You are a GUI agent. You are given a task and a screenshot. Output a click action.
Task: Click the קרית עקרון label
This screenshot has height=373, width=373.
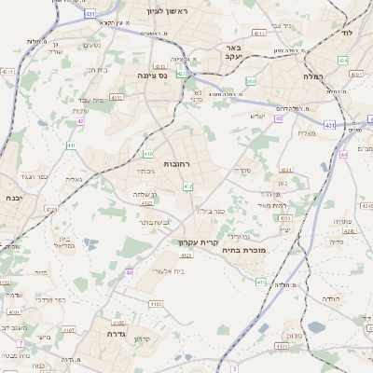click(197, 242)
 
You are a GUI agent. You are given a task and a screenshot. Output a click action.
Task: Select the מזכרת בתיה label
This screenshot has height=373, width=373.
click(246, 249)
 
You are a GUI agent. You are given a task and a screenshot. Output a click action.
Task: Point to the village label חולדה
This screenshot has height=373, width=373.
click(331, 298)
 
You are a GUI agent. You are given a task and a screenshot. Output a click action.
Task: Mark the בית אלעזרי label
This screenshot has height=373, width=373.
click(166, 271)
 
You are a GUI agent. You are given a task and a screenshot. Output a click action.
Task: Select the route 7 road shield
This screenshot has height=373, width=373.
click(235, 369)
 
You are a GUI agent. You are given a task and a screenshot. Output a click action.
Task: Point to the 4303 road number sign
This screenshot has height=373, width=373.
click(285, 218)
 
